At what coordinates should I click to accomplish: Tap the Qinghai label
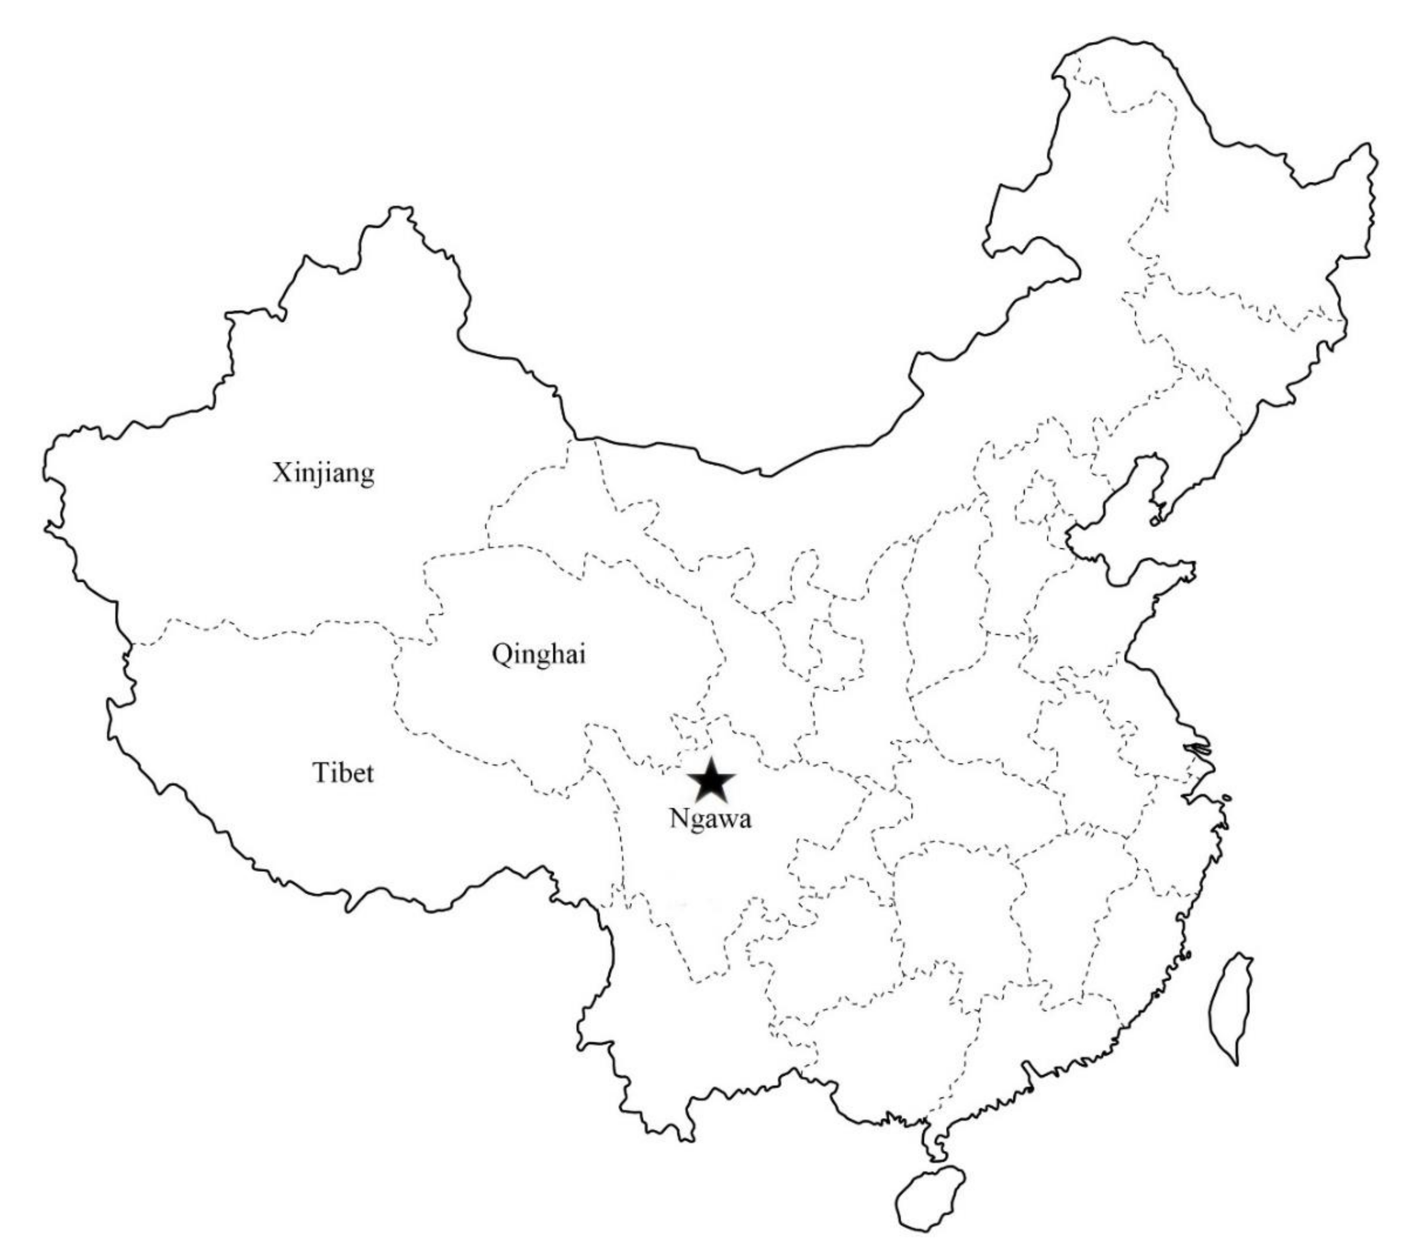coord(539,654)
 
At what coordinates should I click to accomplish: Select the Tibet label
coord(343,772)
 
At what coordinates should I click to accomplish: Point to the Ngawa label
coord(710,819)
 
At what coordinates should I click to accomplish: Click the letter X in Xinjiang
coord(281,474)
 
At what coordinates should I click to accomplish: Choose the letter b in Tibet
coord(347,772)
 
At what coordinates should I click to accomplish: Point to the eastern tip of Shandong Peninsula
coord(1194,569)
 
